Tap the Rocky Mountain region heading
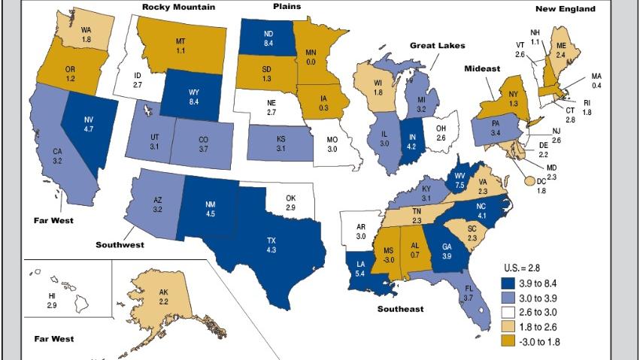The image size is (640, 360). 179,8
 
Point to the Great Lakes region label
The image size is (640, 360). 437,46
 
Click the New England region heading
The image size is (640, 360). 565,9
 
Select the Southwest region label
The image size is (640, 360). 120,245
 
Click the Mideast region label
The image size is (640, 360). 483,68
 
